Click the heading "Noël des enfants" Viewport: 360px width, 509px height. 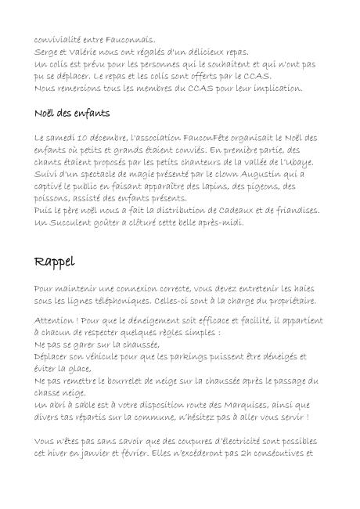[x=72, y=114]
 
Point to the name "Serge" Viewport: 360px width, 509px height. [x=47, y=52]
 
